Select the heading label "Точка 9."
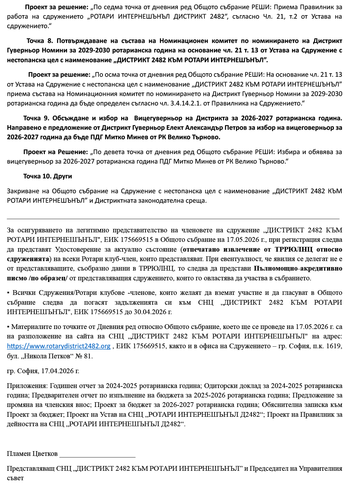(x=36, y=118)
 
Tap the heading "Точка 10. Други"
(x=47, y=176)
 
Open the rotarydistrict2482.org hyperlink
(x=59, y=346)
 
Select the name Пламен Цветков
(x=32, y=454)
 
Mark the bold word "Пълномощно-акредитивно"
(x=298, y=269)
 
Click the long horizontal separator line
(x=173, y=218)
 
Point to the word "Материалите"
(x=32, y=327)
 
